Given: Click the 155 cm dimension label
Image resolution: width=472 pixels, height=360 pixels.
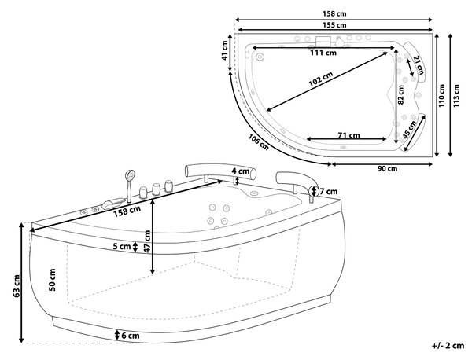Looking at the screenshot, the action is coord(334,25).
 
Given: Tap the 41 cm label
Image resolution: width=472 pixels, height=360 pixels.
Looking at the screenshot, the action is coord(224,50).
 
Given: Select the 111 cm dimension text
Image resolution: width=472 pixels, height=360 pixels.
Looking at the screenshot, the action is coord(323,53).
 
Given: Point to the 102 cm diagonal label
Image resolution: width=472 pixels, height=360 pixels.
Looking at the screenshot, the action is coord(321,79).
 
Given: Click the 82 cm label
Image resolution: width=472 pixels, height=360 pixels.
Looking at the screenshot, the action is coord(400,95).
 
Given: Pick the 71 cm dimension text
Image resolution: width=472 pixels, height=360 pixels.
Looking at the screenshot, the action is coord(348,135).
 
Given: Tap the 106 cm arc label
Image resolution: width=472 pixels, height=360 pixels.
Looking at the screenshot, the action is coord(259,142).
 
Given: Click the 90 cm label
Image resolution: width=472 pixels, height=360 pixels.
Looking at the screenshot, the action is coord(387,168).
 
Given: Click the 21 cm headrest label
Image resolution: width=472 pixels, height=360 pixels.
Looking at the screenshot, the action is coord(419,65).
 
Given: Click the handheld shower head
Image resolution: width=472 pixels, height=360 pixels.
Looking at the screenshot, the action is coord(131,174).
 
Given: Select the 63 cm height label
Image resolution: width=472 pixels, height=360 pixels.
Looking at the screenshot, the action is coord(17,286).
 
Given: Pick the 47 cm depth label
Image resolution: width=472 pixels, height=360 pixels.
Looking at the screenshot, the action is coord(147,241).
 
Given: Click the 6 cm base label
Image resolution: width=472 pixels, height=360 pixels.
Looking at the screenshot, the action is coord(131,336).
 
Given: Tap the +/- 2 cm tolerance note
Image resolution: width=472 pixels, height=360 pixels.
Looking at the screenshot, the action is coord(448,346).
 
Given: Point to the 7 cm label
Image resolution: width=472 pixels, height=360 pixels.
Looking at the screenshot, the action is coord(328,191).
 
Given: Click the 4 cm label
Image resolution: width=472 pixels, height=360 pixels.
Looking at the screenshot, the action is coord(241,171).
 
